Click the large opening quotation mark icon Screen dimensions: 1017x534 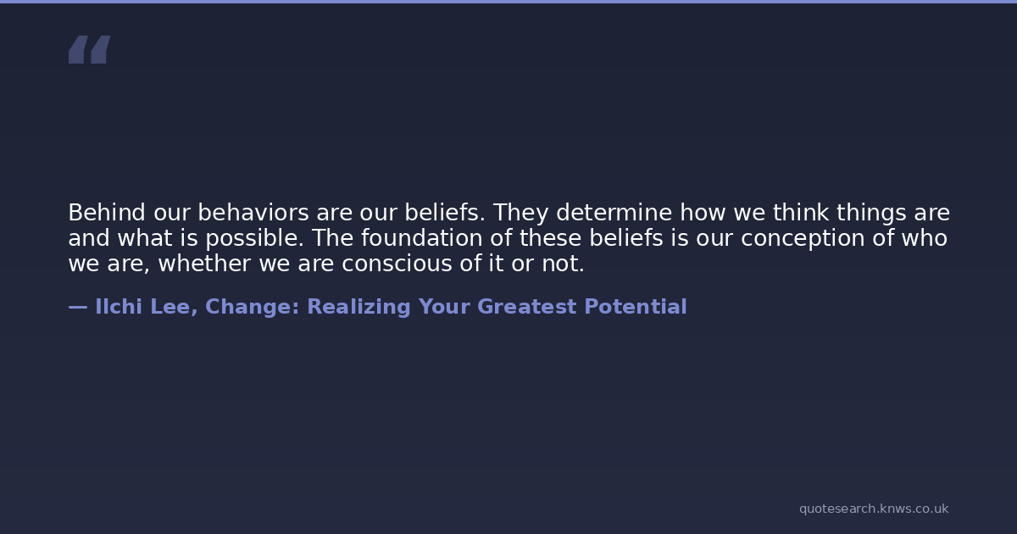[90, 49]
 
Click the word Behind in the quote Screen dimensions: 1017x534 [107, 213]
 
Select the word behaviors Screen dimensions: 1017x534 [253, 213]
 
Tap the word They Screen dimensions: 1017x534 [520, 214]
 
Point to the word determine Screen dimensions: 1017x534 [614, 213]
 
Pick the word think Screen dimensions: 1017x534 [802, 213]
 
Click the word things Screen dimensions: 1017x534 [872, 214]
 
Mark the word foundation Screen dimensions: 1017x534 [422, 238]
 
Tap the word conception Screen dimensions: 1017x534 [803, 239]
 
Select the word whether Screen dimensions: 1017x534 [205, 264]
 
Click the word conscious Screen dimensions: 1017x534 [397, 264]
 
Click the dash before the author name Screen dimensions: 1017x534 [78, 308]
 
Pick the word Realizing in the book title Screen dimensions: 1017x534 [359, 308]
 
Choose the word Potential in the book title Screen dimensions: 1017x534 [636, 307]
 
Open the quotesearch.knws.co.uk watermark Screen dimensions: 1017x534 [874, 509]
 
